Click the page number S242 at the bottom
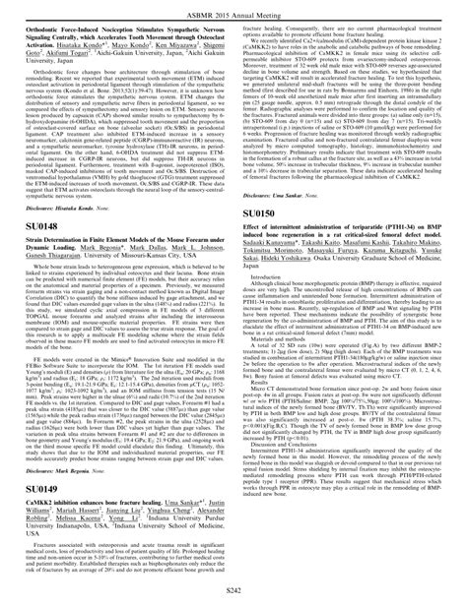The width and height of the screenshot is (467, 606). (x=233, y=589)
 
